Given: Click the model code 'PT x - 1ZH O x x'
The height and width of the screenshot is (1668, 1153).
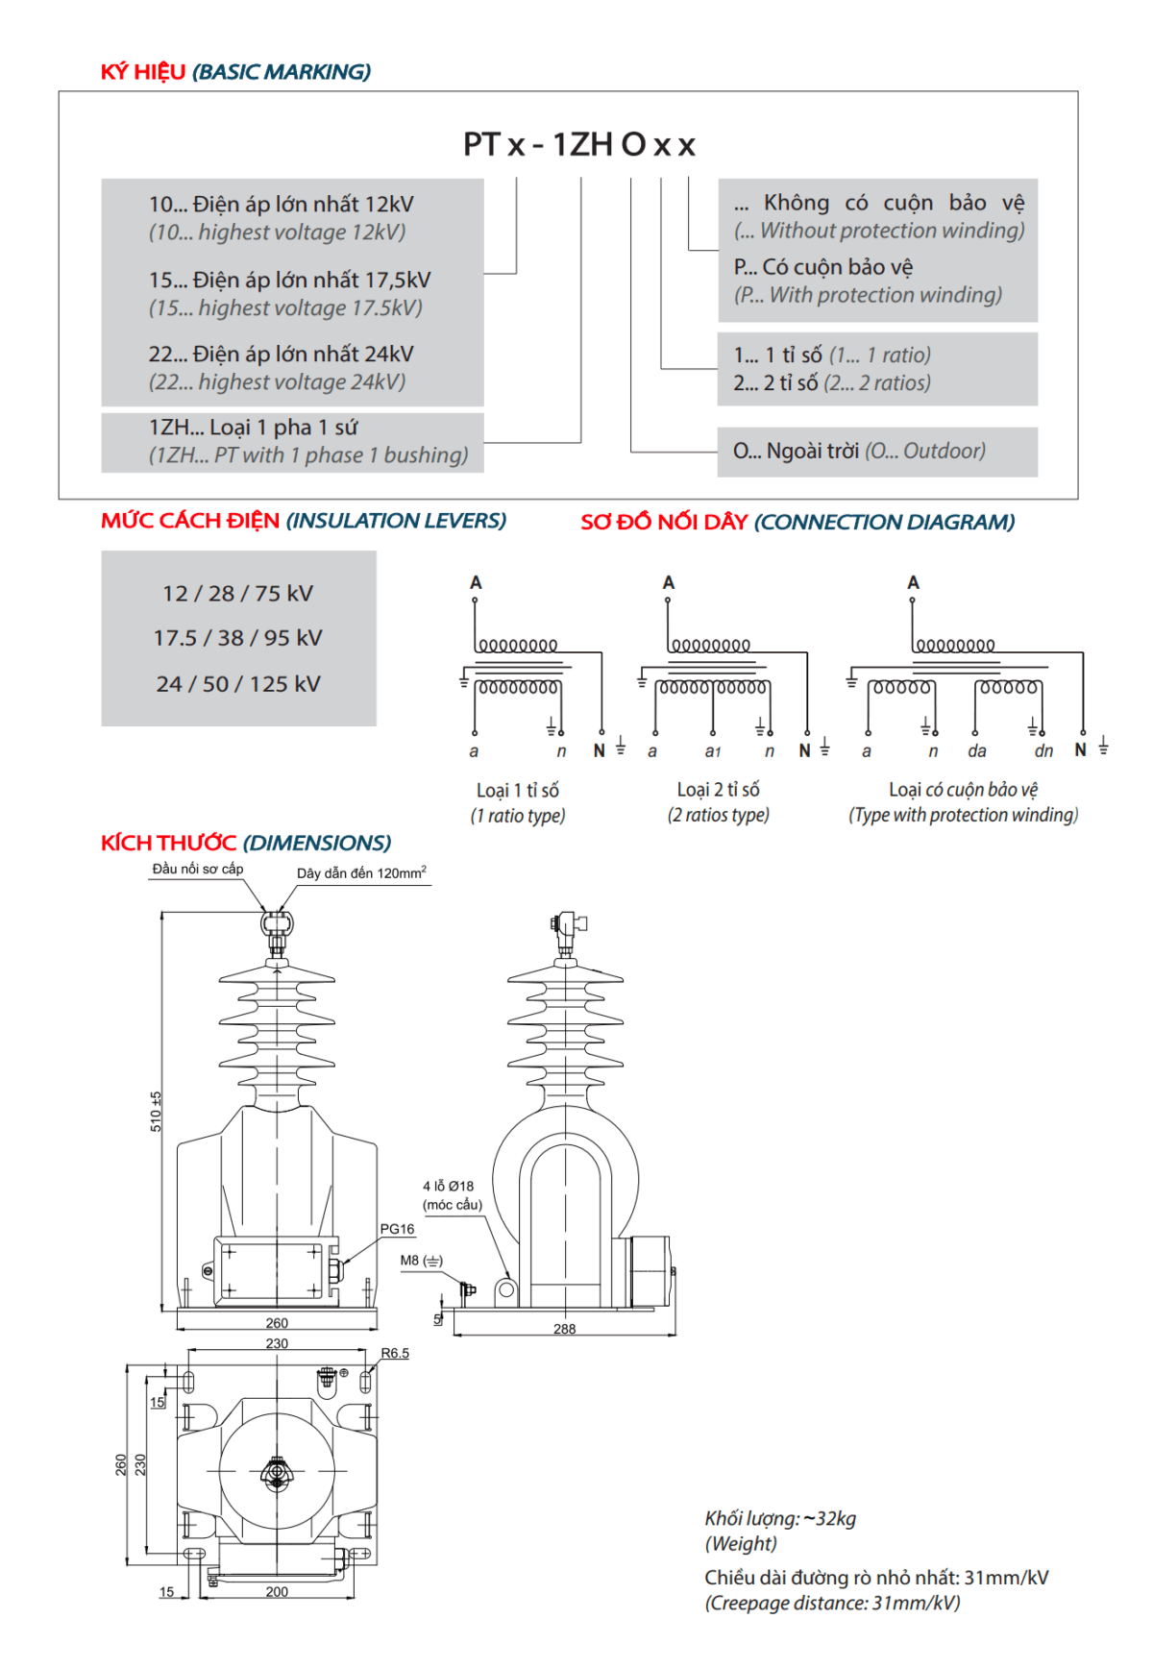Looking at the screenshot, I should pos(578,144).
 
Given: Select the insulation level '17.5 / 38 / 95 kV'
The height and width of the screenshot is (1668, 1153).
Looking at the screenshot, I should pos(237,638).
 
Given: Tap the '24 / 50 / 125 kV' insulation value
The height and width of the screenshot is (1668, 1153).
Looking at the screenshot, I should pos(237,684).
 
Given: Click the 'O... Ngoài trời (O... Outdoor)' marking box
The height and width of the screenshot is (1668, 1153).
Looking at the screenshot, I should pos(877,452).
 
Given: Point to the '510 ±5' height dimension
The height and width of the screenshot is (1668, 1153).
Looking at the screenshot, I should pos(156,1111).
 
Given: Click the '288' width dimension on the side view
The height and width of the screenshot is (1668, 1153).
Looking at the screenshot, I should pos(565,1329).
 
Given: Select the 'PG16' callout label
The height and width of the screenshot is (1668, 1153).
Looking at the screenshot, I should pos(397,1229).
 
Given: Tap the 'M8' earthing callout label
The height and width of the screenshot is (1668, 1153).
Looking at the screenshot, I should pos(410,1261).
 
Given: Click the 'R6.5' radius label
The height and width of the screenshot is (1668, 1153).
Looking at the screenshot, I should pos(395,1353).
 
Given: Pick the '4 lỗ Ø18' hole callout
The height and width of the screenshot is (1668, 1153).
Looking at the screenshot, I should pos(449,1187).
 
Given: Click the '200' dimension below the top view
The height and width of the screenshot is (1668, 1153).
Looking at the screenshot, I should pos(277,1592).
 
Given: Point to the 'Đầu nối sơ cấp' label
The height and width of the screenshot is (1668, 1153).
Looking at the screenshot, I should pos(198,869).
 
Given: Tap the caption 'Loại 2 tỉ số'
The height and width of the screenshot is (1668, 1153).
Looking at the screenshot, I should pos(718,790).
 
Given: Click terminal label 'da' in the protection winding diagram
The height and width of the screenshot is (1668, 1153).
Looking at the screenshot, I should pos(977,751).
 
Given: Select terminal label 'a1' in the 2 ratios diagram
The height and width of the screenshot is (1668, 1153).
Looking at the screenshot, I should pos(712,751).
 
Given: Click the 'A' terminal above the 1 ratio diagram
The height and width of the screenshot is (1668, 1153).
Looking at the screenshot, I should pos(476,582).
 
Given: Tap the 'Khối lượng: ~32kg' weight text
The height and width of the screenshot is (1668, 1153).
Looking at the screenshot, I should pos(780,1518).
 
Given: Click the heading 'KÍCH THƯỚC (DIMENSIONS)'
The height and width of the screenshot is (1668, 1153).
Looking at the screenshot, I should pos(246,843).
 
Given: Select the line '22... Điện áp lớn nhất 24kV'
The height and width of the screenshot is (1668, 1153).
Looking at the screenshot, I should pos(281,355).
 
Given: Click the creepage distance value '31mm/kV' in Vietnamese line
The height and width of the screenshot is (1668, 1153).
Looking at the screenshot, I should pos(1006,1578).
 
